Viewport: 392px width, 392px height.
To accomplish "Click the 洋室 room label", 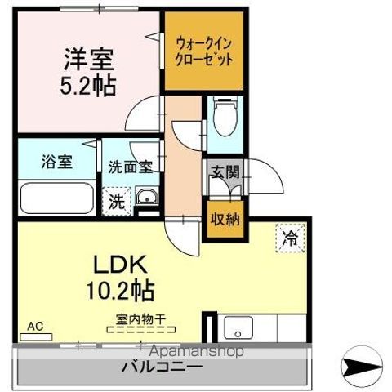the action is click(89, 59).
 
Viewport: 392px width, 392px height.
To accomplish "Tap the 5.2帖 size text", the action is click(88, 85).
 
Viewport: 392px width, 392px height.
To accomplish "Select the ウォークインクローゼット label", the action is click(204, 51).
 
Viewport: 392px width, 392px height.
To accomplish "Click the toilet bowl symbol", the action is click(225, 116).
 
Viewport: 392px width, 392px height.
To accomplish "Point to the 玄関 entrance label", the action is click(225, 172).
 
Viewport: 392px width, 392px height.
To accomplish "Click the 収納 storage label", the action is click(225, 219).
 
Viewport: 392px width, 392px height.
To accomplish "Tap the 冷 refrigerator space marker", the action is click(290, 238).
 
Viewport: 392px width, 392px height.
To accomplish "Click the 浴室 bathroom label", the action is click(57, 162).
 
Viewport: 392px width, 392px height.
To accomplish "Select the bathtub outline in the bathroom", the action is click(57, 198).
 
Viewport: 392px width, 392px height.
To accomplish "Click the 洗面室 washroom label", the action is click(131, 167).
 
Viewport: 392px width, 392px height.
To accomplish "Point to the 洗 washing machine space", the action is click(117, 202).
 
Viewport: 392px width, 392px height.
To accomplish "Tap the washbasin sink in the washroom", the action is click(147, 197).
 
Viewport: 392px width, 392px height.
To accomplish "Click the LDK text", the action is click(120, 264).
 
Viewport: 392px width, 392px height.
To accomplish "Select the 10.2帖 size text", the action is click(120, 291).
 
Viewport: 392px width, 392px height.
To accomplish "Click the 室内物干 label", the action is click(140, 319).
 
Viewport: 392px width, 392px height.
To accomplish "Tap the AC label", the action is click(35, 326).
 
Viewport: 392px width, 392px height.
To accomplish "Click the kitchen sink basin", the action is click(238, 327).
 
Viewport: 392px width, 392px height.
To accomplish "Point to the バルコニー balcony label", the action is click(162, 367).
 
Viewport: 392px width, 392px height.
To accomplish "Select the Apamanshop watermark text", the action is click(196, 351).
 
